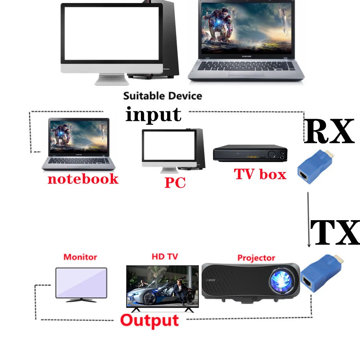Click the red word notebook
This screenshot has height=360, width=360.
click(83, 179)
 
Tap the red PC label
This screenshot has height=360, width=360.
click(175, 183)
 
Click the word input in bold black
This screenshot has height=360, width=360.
click(153, 114)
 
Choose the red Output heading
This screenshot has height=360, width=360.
click(149, 321)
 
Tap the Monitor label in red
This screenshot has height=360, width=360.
click(80, 257)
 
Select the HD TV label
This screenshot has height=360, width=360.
click(164, 257)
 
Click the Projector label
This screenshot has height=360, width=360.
click(256, 258)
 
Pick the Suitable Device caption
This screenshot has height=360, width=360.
click(162, 95)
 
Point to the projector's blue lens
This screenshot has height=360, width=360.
click(282, 281)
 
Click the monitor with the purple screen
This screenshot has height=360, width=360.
click(81, 284)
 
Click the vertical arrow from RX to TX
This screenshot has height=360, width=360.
click(309, 220)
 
